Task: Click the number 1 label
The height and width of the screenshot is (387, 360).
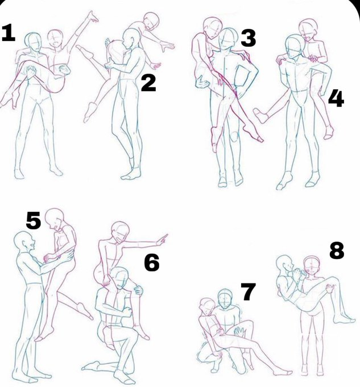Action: tap(9, 34)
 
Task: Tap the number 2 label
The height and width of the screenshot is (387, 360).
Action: tap(148, 84)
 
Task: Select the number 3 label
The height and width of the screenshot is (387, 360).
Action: tap(249, 38)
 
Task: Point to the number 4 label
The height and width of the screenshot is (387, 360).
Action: tap(336, 98)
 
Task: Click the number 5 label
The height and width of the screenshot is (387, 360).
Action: tap(34, 220)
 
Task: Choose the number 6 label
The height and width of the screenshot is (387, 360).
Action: tap(152, 263)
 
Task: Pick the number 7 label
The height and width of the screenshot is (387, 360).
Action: tap(248, 291)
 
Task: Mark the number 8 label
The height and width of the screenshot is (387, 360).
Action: tap(337, 250)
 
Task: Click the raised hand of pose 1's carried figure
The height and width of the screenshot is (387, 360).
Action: tap(93, 17)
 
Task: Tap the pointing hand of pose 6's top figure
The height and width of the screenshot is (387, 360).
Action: tap(162, 240)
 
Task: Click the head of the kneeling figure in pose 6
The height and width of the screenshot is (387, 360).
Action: tap(119, 278)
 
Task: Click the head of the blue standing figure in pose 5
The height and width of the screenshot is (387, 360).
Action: tap(24, 242)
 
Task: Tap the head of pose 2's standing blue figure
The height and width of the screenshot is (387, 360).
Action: tap(131, 39)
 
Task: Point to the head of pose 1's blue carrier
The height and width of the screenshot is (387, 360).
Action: tap(33, 42)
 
